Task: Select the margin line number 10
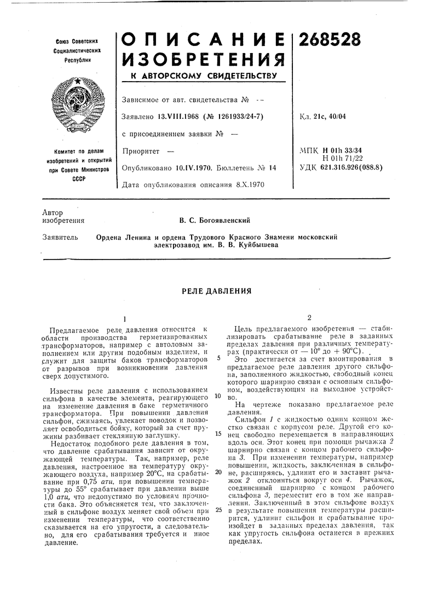(218, 395)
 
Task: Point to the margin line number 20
(218, 471)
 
